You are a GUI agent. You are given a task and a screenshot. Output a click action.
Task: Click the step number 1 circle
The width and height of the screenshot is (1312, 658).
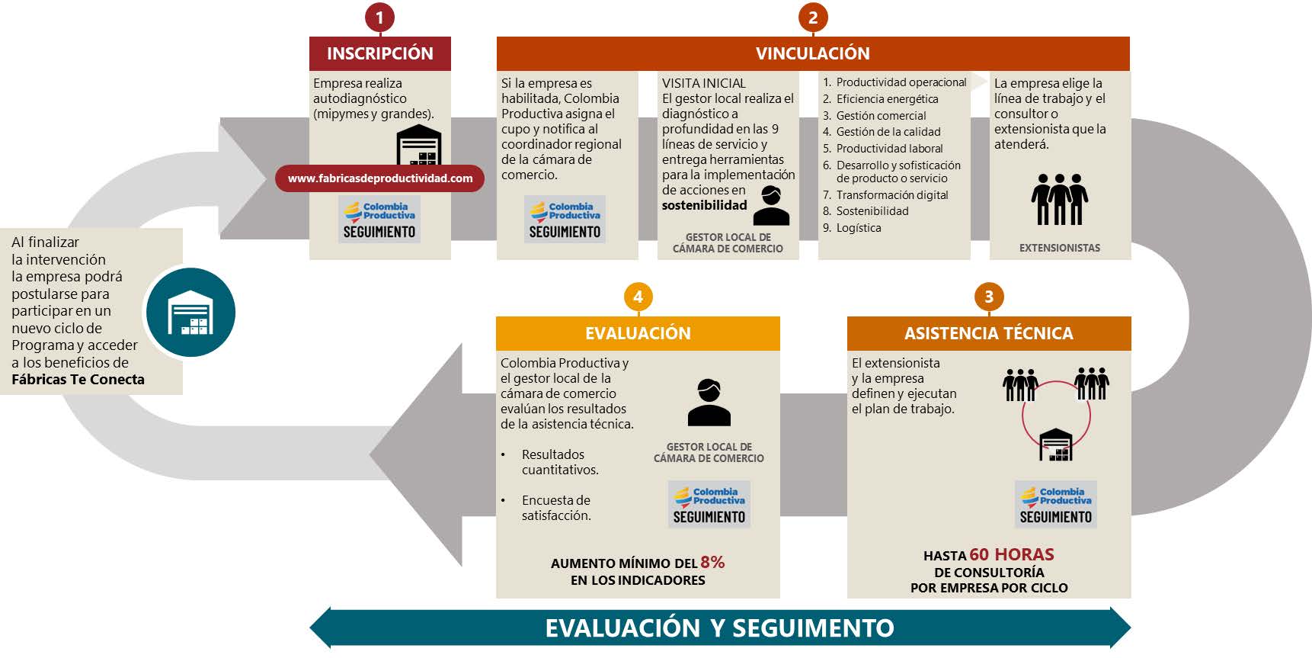(x=379, y=17)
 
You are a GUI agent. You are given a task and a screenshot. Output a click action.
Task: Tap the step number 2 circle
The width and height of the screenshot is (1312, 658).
(x=812, y=17)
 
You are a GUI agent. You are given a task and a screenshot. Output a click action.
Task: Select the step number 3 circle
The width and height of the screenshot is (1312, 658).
(x=988, y=297)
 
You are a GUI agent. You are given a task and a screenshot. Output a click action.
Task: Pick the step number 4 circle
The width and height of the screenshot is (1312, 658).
(x=638, y=297)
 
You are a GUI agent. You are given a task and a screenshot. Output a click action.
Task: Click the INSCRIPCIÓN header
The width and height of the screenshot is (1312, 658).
(x=379, y=53)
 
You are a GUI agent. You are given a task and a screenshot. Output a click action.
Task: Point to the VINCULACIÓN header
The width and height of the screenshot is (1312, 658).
(x=812, y=53)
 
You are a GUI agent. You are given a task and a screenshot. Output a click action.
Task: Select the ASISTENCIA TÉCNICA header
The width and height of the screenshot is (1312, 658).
(x=988, y=333)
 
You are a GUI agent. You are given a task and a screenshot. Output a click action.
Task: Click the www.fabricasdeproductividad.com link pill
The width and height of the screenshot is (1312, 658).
(x=379, y=178)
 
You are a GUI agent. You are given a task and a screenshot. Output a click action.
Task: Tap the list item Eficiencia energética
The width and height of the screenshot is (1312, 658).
(x=887, y=99)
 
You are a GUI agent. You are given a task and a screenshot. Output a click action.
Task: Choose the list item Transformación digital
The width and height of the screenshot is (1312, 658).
(x=891, y=195)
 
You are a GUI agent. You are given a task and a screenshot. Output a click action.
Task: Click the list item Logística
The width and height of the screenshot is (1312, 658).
(x=858, y=228)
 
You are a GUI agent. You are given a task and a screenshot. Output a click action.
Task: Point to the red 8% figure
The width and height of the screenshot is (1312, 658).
(x=712, y=562)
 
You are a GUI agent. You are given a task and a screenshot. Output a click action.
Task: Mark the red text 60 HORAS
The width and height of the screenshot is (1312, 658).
(x=1012, y=554)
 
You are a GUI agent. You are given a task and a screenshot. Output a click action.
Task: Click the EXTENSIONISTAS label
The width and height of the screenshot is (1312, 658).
(x=1059, y=248)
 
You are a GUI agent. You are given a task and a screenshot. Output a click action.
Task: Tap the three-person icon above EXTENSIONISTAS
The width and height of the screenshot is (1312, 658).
(x=1059, y=199)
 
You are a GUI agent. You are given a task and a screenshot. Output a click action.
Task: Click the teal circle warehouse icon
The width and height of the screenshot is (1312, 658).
(x=190, y=313)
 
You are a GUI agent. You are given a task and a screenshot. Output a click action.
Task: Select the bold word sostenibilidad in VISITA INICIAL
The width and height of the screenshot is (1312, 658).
(x=704, y=205)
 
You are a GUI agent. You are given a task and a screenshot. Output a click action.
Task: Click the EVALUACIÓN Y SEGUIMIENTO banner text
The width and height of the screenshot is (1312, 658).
(x=719, y=628)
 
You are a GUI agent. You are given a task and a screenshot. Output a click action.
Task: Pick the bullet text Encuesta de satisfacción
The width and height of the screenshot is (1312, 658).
(x=556, y=508)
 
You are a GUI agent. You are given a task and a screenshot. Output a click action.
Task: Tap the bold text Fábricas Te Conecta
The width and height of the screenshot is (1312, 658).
(x=78, y=380)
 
